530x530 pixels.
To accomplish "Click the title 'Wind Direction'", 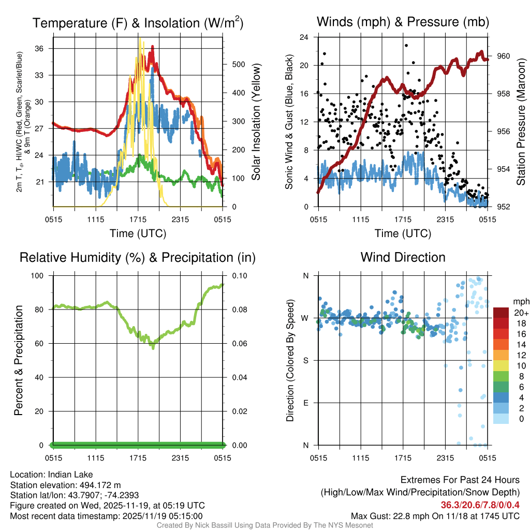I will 403,257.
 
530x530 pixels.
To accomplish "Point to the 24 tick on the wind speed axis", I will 304,37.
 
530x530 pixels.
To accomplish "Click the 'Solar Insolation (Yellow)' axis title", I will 256,122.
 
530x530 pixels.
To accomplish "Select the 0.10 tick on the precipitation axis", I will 239,276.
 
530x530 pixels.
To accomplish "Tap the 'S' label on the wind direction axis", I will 305,360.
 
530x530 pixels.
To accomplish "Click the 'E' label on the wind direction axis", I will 305,403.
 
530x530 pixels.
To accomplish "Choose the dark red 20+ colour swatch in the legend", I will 501,313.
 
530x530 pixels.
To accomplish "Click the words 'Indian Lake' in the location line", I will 70,474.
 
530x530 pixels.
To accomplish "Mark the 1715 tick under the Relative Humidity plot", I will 138,458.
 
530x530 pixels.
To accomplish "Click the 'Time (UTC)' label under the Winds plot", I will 403,233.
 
